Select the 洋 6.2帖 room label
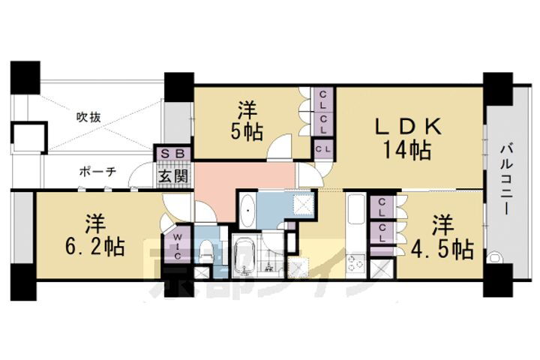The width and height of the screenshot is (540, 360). (x=94, y=234)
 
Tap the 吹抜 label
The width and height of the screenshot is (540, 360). (x=89, y=117)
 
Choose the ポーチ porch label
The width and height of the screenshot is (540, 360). (x=98, y=172)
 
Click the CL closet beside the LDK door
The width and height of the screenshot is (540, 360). (x=323, y=150)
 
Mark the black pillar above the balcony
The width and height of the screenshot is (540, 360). (x=497, y=88)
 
